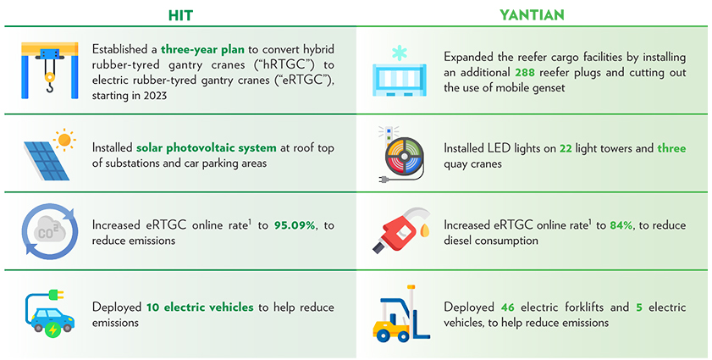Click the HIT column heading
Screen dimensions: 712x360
180,15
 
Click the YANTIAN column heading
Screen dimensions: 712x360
532,15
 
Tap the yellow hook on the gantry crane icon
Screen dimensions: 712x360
49,84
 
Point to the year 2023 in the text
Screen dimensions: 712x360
154,96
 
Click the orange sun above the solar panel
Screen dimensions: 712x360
65,139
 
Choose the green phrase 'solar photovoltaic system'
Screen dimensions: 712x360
207,147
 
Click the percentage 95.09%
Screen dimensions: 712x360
295,225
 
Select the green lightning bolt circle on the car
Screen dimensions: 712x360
53,330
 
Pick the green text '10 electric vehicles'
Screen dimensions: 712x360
200,307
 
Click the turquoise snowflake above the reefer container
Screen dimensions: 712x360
400,53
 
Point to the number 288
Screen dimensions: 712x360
525,72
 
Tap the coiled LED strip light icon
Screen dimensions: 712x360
404,157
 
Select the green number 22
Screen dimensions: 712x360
566,148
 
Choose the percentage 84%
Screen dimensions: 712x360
621,225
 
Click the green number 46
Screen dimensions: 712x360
508,307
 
